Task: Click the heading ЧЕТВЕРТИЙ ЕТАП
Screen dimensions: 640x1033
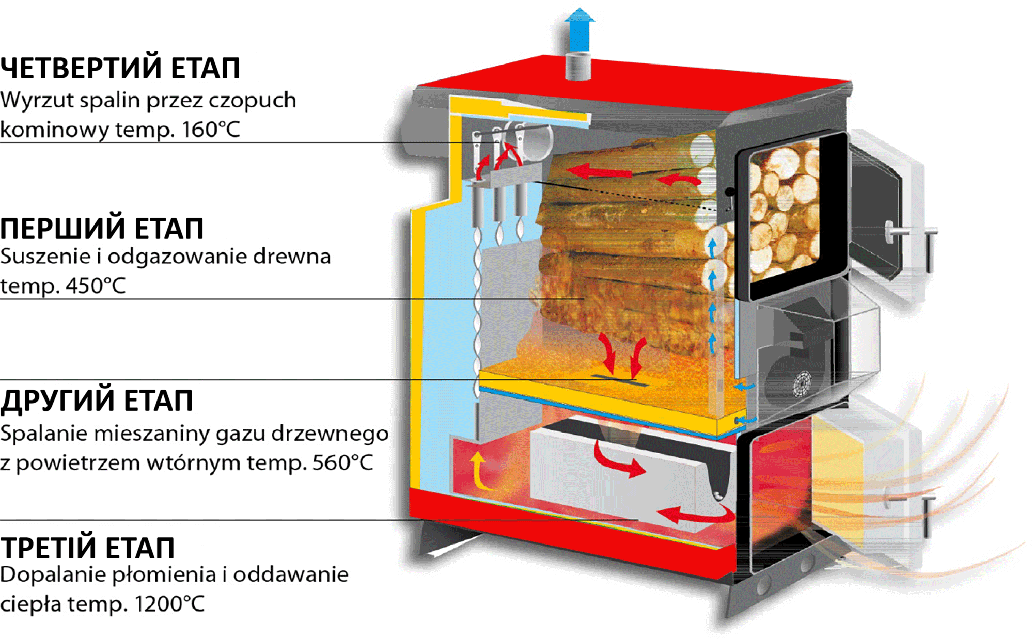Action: pyautogui.click(x=120, y=69)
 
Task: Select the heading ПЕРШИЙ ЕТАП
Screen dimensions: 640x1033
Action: pyautogui.click(x=102, y=229)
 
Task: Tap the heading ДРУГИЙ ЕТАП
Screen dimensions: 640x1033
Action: pyautogui.click(x=97, y=401)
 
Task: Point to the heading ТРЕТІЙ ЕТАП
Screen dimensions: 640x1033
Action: pyautogui.click(x=87, y=548)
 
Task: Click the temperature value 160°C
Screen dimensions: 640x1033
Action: pyautogui.click(x=211, y=129)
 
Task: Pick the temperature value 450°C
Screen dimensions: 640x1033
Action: pyautogui.click(x=96, y=285)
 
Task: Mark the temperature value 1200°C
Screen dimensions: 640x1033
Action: pyautogui.click(x=169, y=603)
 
